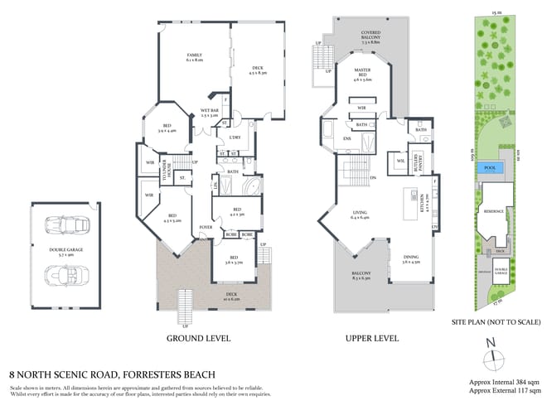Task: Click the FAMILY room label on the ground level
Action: pos(195,57)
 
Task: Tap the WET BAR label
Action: pos(209,113)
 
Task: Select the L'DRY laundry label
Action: pos(235,137)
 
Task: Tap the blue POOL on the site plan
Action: pos(491,168)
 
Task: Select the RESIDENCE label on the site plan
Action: pos(494,211)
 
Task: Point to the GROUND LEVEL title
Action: pos(198,339)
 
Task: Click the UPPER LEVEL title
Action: pos(371,339)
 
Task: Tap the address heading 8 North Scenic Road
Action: pos(113,374)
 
